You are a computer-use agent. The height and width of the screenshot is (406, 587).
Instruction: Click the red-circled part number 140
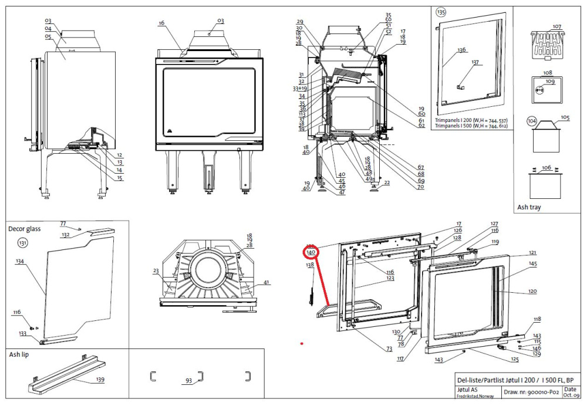(311, 252)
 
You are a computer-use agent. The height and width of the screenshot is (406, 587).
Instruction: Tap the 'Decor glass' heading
(24, 229)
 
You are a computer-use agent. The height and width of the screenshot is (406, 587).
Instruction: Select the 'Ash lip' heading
(19, 355)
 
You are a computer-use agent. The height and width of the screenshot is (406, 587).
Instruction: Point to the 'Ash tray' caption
(529, 207)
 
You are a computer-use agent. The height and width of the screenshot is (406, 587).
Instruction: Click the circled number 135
(441, 12)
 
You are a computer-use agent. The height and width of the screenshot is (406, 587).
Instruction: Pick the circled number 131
(23, 242)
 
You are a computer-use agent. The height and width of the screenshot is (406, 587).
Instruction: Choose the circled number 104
(532, 121)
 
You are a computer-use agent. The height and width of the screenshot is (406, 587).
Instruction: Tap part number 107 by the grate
(556, 27)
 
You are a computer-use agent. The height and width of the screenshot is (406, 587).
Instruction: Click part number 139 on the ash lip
(100, 380)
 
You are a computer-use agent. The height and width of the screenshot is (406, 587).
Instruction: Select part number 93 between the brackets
(188, 381)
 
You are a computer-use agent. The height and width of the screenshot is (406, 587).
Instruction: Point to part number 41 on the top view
(266, 283)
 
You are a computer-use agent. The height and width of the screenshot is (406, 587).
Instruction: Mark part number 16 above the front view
(161, 23)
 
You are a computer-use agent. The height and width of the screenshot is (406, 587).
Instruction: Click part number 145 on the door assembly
(532, 264)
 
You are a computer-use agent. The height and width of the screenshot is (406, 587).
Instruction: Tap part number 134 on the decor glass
(20, 262)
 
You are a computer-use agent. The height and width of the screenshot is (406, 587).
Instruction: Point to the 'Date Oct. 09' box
(569, 391)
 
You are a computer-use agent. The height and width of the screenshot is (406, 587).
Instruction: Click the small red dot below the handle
(302, 344)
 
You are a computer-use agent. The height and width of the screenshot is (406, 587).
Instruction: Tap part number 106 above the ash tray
(546, 168)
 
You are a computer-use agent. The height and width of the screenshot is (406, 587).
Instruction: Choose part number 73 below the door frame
(389, 349)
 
